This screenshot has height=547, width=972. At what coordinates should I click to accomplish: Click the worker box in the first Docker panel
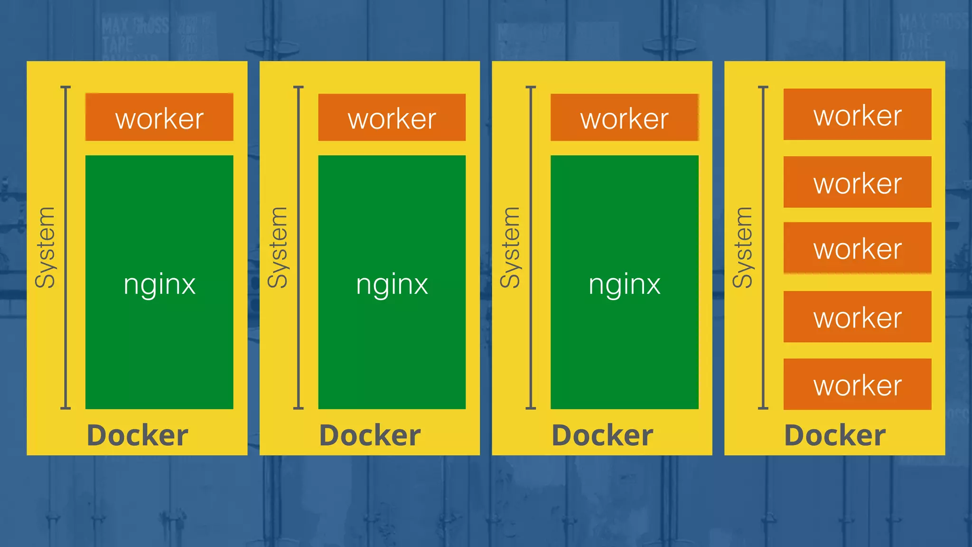click(x=159, y=117)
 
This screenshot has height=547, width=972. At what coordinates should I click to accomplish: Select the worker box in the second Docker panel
click(x=392, y=117)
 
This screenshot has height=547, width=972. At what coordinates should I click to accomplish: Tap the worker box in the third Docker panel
click(x=624, y=117)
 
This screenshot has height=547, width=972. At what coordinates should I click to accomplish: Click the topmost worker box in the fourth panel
click(x=857, y=114)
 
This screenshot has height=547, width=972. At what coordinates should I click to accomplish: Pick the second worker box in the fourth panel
click(x=857, y=182)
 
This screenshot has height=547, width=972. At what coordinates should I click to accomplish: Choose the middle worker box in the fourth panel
click(x=857, y=248)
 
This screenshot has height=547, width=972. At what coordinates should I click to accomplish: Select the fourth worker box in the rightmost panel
click(x=857, y=317)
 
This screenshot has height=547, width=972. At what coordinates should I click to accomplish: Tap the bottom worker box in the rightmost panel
click(x=857, y=384)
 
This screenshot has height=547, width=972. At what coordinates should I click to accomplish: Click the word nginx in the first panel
click(x=159, y=285)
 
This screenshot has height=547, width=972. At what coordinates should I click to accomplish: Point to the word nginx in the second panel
click(x=392, y=285)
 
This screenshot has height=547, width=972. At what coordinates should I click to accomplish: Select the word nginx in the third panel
click(x=625, y=285)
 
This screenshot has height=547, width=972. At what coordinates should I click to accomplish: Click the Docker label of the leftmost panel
click(x=138, y=435)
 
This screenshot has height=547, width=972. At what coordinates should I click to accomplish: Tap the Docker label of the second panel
click(x=370, y=435)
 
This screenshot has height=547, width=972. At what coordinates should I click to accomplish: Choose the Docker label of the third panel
click(x=603, y=435)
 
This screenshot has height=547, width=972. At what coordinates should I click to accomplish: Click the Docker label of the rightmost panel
click(x=835, y=435)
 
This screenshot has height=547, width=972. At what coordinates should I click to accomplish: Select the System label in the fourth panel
click(x=743, y=247)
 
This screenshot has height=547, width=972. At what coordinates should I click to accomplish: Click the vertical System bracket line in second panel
click(x=299, y=247)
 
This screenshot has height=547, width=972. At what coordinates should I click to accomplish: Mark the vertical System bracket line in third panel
click(x=531, y=247)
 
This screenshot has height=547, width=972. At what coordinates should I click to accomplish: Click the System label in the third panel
click(x=511, y=247)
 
